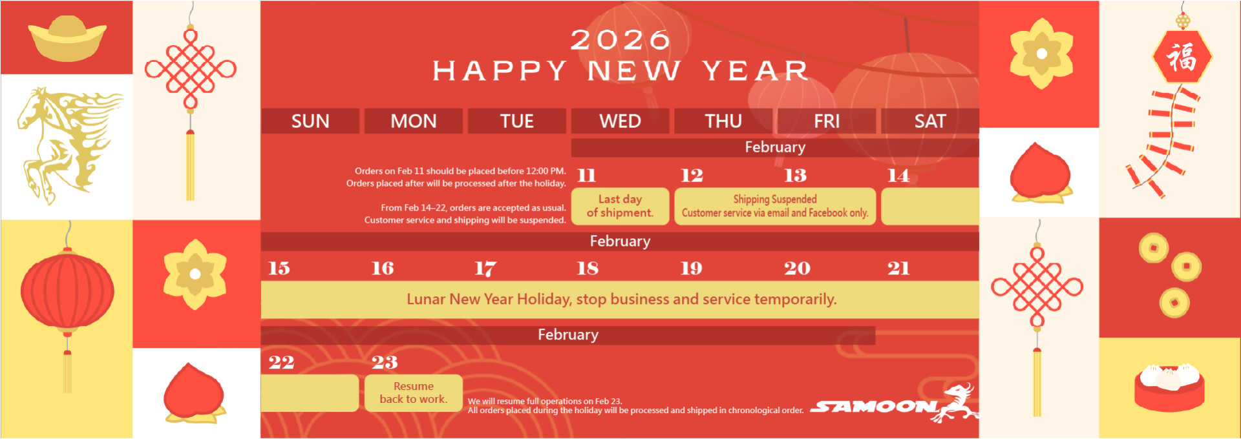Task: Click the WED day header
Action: pos(620,121)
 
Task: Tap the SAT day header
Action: pos(930,121)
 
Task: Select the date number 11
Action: pos(586,175)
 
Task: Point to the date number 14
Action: pos(898,175)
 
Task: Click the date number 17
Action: pos(485,269)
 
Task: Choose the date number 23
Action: pos(385,362)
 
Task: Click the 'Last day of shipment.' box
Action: pos(620,206)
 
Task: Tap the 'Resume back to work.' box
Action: pos(414,393)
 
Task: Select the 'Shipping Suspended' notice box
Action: pos(775,206)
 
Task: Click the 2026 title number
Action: pos(620,40)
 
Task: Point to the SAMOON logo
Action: pos(893,403)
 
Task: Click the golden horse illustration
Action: pos(68,145)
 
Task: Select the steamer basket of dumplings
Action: pos(1169,387)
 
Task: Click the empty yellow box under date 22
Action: pos(310,393)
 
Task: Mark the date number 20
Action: pos(797,269)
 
